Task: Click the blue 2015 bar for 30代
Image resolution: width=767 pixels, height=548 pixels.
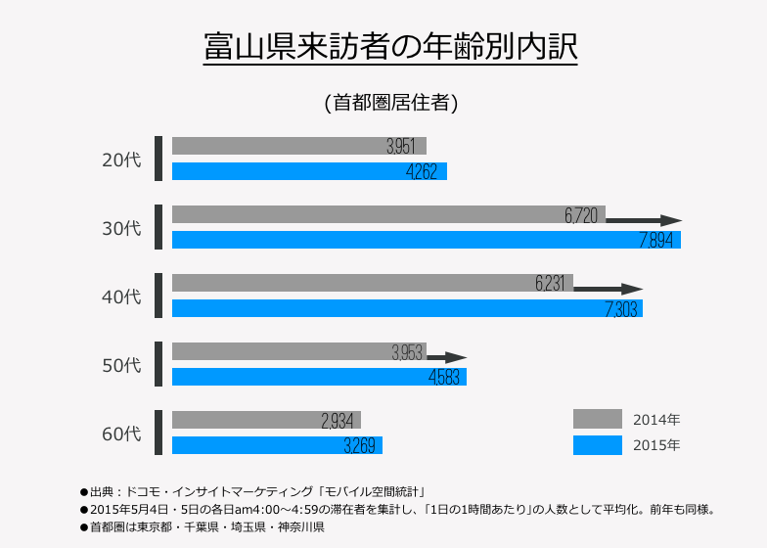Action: point(391,240)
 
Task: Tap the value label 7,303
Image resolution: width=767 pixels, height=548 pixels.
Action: point(623,309)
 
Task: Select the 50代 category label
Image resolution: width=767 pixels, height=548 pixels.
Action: point(122,365)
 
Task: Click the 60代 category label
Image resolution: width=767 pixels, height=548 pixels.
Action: point(122,434)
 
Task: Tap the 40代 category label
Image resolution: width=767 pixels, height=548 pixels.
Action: point(122,297)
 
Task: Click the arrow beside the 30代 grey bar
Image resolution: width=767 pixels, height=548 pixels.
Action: point(645,221)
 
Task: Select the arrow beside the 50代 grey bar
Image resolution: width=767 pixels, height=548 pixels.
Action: point(447,358)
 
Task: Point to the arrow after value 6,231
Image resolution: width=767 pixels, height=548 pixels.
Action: point(609,290)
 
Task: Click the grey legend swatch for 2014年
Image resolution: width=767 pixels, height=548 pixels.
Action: point(597,419)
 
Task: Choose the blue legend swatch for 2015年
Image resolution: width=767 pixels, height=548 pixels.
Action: point(597,445)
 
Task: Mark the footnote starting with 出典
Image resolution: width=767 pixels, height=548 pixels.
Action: point(256,490)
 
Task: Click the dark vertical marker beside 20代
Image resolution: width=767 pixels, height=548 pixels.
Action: point(158,159)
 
